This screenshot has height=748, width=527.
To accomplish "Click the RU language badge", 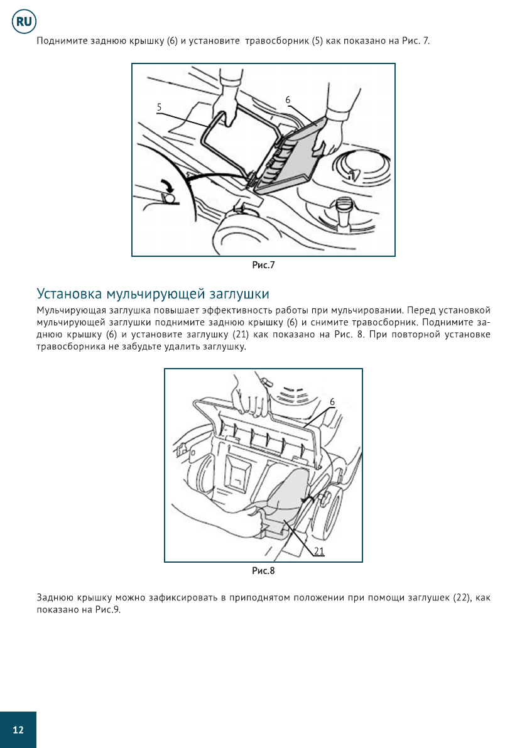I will (x=24, y=23).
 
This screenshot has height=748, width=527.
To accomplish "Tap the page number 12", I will (x=18, y=730).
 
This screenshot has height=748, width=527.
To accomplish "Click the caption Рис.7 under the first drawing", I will (x=263, y=265).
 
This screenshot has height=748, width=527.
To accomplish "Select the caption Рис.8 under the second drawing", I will (x=263, y=571).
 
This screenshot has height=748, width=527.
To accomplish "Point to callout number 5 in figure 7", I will (x=160, y=107).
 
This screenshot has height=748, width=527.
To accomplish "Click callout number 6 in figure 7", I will (x=288, y=100).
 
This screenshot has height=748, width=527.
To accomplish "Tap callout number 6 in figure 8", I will (x=332, y=401).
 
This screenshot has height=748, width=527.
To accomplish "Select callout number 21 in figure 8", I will (x=319, y=551).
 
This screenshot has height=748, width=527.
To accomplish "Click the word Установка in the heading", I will (x=69, y=294).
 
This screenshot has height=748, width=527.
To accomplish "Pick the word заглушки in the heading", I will (x=241, y=294).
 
